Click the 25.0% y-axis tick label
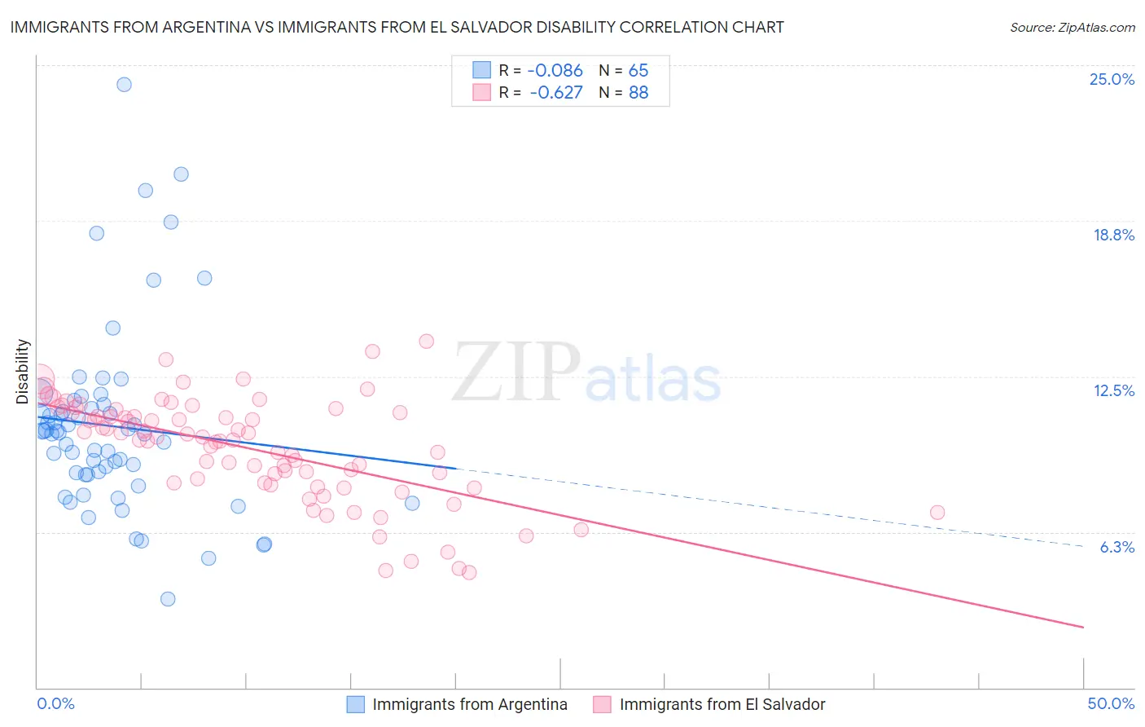point(1112,80)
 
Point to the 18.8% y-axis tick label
point(1113,236)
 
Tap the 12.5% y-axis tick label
point(1113,391)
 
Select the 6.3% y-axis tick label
point(1116,547)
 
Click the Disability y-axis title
point(23,372)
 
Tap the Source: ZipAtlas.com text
point(1072,27)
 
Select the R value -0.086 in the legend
point(555,71)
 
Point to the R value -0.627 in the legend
point(555,93)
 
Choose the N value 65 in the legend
point(638,71)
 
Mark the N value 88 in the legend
point(638,93)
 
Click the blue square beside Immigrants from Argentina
point(356,704)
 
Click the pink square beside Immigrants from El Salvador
point(603,704)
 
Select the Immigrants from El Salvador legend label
point(722,704)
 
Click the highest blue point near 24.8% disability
point(124,84)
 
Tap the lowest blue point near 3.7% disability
point(168,599)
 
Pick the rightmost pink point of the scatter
point(937,513)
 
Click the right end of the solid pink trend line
point(1084,628)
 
